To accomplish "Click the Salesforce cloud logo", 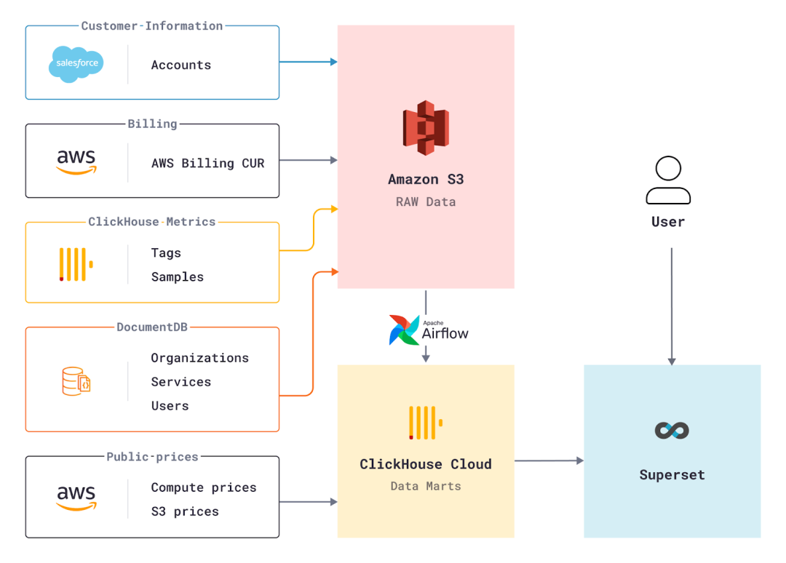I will (x=76, y=64).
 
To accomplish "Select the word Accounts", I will (x=180, y=65).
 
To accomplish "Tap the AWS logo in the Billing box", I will (x=76, y=161).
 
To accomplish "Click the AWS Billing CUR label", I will (x=207, y=163).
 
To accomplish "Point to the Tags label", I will (x=166, y=253).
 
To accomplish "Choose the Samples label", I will (x=177, y=277).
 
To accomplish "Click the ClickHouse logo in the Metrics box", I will (x=76, y=264).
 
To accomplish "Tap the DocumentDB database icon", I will (x=76, y=381).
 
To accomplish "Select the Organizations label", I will (x=199, y=358).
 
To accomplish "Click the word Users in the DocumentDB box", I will (x=170, y=406).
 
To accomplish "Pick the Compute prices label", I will (x=203, y=487).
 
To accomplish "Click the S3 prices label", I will (x=184, y=511).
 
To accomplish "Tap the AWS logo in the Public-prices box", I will (x=76, y=498).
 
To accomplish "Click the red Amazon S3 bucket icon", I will (x=426, y=128).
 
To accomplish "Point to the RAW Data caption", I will (x=426, y=202).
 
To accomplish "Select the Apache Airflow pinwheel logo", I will (x=403, y=330).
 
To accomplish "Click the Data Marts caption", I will (x=426, y=486).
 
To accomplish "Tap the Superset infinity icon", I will (x=672, y=430).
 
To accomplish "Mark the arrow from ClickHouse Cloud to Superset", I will (x=549, y=460).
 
